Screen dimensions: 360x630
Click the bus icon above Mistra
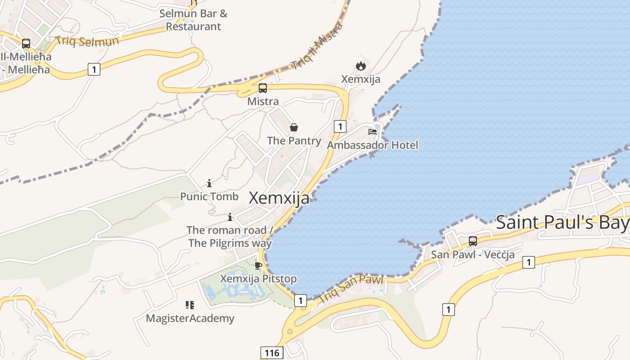click(263, 88)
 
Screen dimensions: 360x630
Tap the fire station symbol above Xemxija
click(360, 66)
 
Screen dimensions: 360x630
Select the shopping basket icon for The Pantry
click(294, 128)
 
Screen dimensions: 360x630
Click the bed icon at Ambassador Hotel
click(373, 132)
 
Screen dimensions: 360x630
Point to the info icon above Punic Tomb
click(209, 183)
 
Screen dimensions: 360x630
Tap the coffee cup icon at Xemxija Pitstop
click(258, 265)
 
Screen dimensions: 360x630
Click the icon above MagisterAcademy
click(190, 305)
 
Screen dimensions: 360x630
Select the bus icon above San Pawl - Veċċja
click(473, 241)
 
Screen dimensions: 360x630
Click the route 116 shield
click(272, 353)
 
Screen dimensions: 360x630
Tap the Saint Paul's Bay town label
click(562, 222)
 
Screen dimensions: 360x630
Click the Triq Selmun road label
click(87, 41)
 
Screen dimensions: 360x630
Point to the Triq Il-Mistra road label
click(317, 46)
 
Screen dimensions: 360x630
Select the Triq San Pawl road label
click(351, 288)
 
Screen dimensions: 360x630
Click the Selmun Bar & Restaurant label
click(193, 20)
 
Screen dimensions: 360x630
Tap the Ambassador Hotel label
click(372, 145)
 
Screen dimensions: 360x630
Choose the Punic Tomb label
click(209, 196)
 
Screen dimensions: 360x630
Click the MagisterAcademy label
click(190, 318)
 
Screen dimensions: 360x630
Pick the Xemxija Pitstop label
click(258, 279)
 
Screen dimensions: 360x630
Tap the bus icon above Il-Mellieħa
click(26, 44)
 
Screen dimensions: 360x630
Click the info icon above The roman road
click(230, 217)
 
